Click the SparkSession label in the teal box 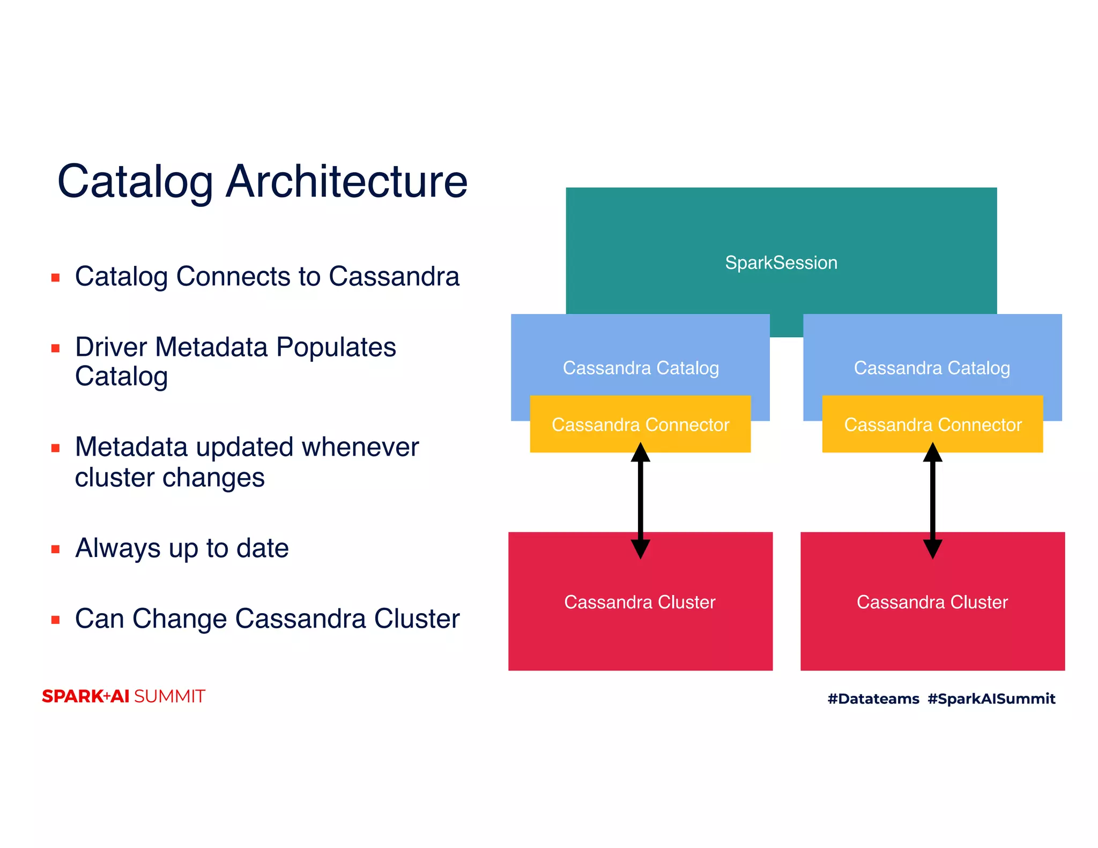click(x=781, y=263)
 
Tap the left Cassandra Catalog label click(x=640, y=368)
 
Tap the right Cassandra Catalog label click(x=932, y=368)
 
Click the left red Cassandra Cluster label click(x=640, y=602)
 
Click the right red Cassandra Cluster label click(x=932, y=602)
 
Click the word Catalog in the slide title click(x=135, y=182)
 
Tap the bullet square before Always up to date click(x=55, y=549)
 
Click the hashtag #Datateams click(x=873, y=698)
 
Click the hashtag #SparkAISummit click(x=991, y=698)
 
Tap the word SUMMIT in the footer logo click(x=169, y=696)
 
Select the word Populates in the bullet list click(x=336, y=348)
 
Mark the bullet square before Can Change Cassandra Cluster click(x=55, y=620)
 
